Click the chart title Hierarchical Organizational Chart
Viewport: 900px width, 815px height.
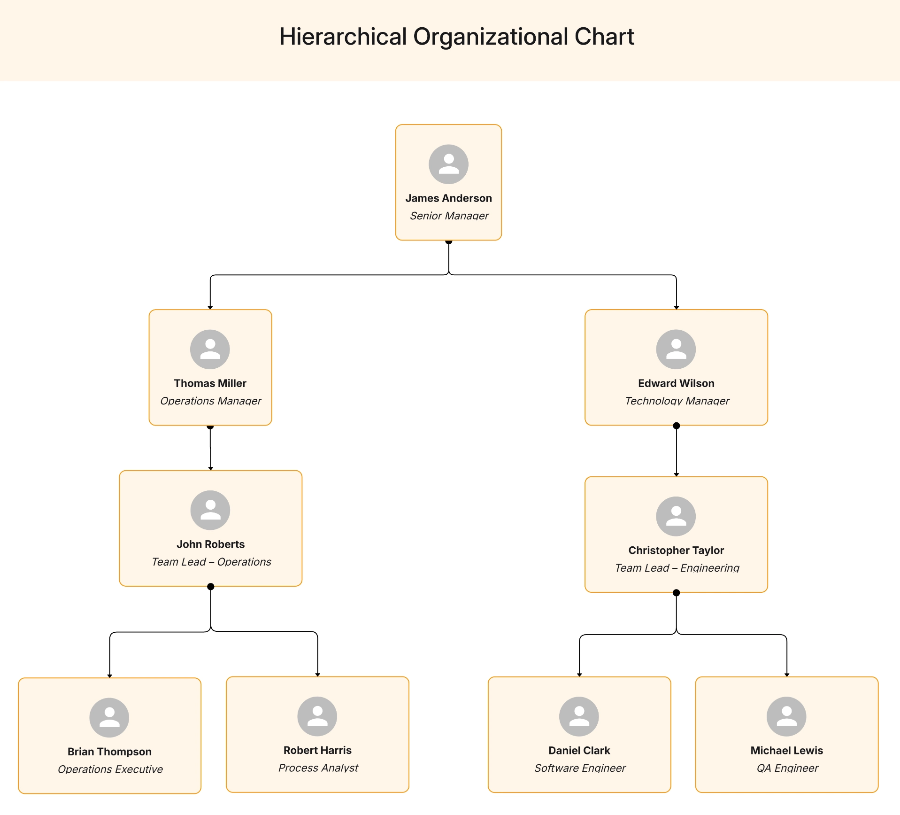(456, 37)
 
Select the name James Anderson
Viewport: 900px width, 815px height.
(448, 198)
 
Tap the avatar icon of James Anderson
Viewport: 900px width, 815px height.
(448, 164)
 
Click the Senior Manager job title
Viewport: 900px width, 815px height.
(449, 216)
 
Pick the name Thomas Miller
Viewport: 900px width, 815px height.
(210, 383)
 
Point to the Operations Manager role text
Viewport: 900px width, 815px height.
(211, 401)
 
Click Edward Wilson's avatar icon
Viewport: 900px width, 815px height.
(676, 349)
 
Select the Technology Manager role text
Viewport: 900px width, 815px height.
(677, 401)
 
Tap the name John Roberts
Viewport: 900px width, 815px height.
(210, 544)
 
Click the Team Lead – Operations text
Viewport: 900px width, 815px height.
(211, 562)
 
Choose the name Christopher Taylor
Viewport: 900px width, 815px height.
(676, 550)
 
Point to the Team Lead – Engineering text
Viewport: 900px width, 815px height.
(677, 568)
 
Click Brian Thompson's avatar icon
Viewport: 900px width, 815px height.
(109, 717)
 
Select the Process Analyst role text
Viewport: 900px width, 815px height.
(318, 768)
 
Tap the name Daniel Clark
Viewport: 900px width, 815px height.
(579, 750)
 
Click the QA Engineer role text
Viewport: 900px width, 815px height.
(787, 768)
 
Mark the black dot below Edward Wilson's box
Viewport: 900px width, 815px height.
(676, 426)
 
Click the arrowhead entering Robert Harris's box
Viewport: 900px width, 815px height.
(318, 674)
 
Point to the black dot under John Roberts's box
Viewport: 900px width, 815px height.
(211, 586)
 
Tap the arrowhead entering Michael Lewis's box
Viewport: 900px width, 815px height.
(787, 675)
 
